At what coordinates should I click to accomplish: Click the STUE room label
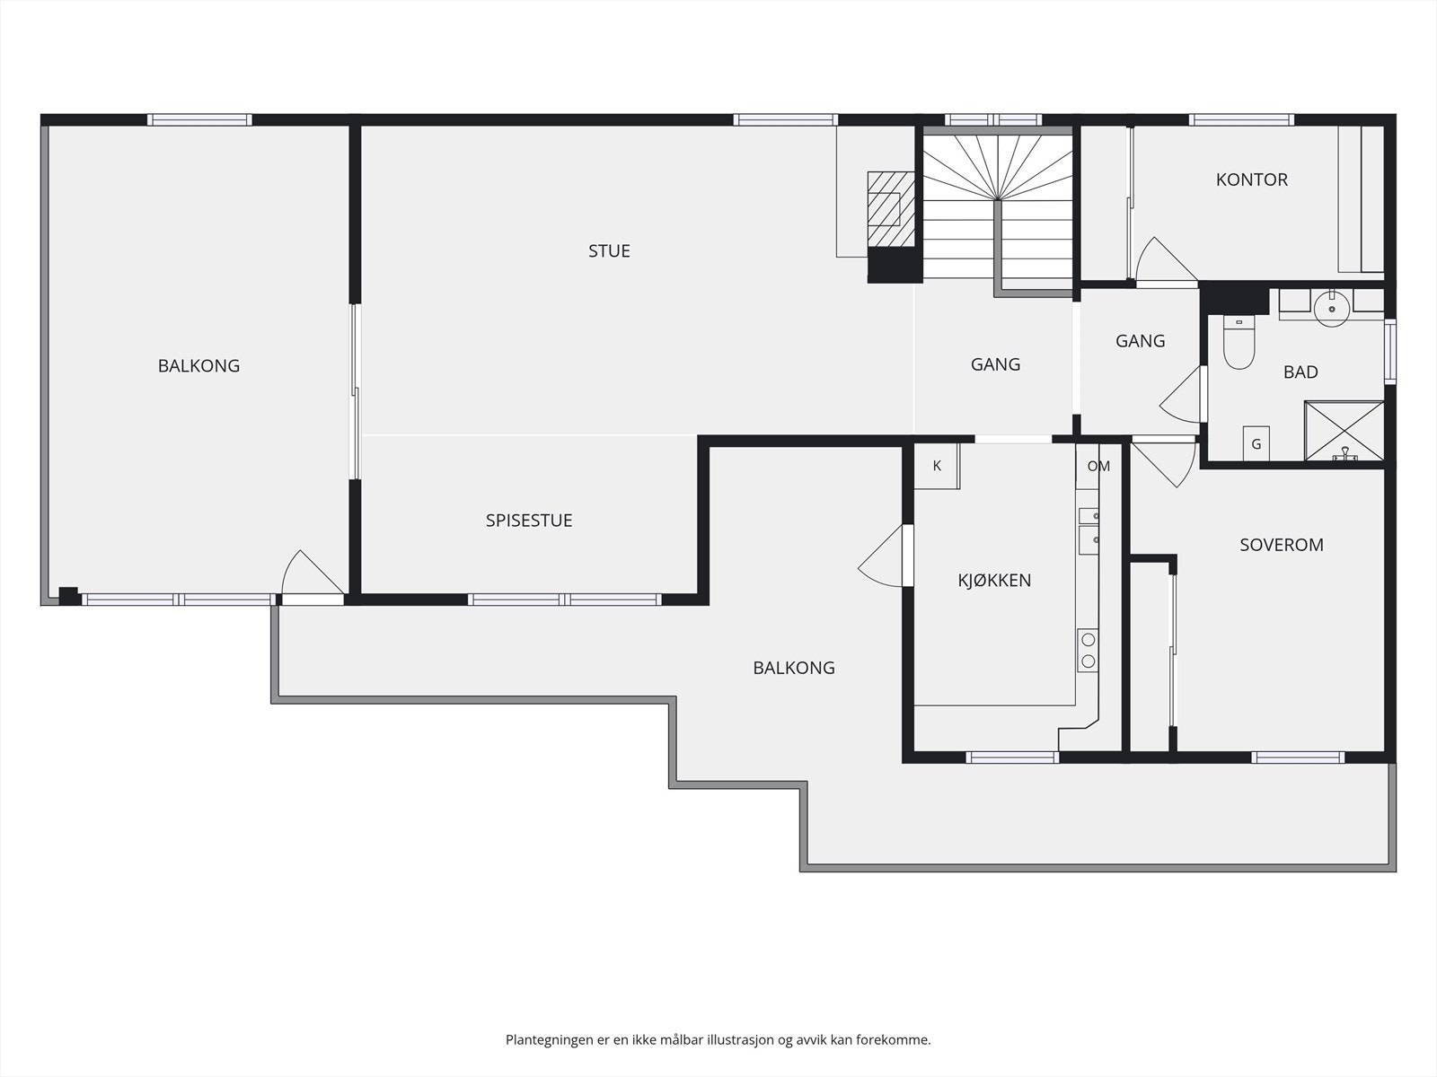pos(609,251)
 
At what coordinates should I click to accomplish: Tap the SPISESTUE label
pos(529,521)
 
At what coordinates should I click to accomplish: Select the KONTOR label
pos(1252,179)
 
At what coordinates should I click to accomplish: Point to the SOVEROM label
pos(1282,545)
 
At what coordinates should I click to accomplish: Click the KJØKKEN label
pos(994,580)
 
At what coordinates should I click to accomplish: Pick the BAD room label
pos(1300,372)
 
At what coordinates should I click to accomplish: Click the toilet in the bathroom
pos(1239,342)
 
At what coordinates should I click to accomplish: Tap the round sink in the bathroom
pos(1332,309)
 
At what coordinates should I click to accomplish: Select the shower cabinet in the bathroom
pos(1344,431)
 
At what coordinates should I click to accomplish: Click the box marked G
pos(1256,443)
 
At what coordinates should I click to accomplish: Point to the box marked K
pos(937,466)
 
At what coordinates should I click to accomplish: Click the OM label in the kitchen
pos(1098,466)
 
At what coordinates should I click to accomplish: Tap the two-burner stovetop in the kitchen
pos(1088,650)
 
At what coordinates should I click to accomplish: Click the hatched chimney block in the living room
pos(891,209)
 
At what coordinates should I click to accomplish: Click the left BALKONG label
pos(199,365)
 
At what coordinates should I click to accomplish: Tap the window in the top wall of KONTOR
pos(1241,119)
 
